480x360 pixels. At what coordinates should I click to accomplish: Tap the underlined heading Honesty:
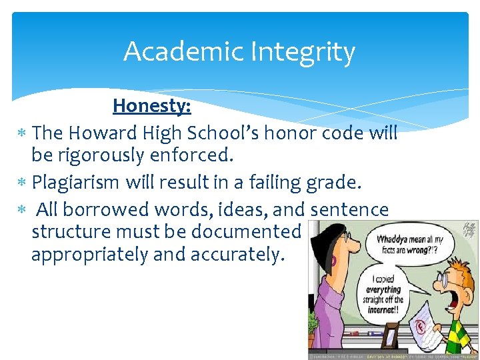click(152, 106)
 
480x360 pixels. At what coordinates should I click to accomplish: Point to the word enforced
click(198, 156)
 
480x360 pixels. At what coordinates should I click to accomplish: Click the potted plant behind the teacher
click(312, 327)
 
